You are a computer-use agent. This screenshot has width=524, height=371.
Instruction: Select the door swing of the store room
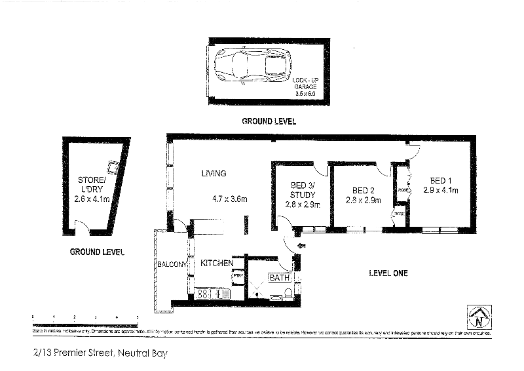82,227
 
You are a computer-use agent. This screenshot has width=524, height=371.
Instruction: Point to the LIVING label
214,174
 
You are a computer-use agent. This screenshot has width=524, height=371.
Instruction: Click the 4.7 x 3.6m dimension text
229,199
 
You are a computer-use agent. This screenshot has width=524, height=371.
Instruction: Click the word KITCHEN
217,263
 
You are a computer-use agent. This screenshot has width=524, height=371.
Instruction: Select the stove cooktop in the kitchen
203,293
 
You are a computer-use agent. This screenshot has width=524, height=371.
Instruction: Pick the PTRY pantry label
238,275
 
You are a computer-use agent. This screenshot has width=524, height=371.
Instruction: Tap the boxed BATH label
280,278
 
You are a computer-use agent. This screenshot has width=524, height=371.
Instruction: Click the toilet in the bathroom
275,298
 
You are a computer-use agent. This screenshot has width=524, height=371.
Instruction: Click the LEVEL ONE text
388,273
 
